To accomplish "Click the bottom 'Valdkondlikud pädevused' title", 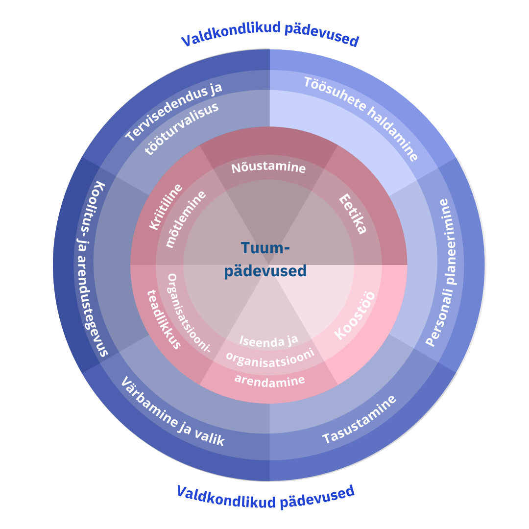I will point(265,496).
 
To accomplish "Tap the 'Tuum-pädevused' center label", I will point(265,260).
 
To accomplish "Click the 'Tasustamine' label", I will point(359,420).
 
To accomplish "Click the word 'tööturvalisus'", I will point(182,129).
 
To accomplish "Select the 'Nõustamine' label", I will point(268,168).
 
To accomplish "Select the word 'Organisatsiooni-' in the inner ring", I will point(189,313).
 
